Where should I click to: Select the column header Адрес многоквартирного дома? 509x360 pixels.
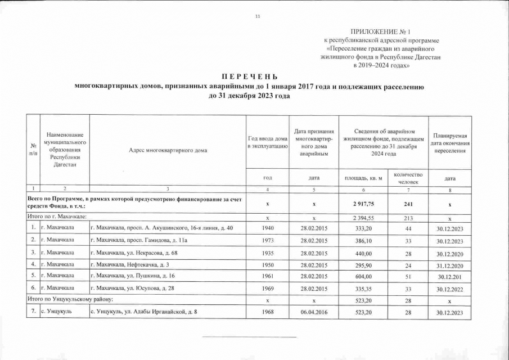click(168, 150)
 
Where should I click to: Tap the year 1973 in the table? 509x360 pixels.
click(267, 241)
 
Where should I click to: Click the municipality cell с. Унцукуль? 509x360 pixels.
click(56, 312)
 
